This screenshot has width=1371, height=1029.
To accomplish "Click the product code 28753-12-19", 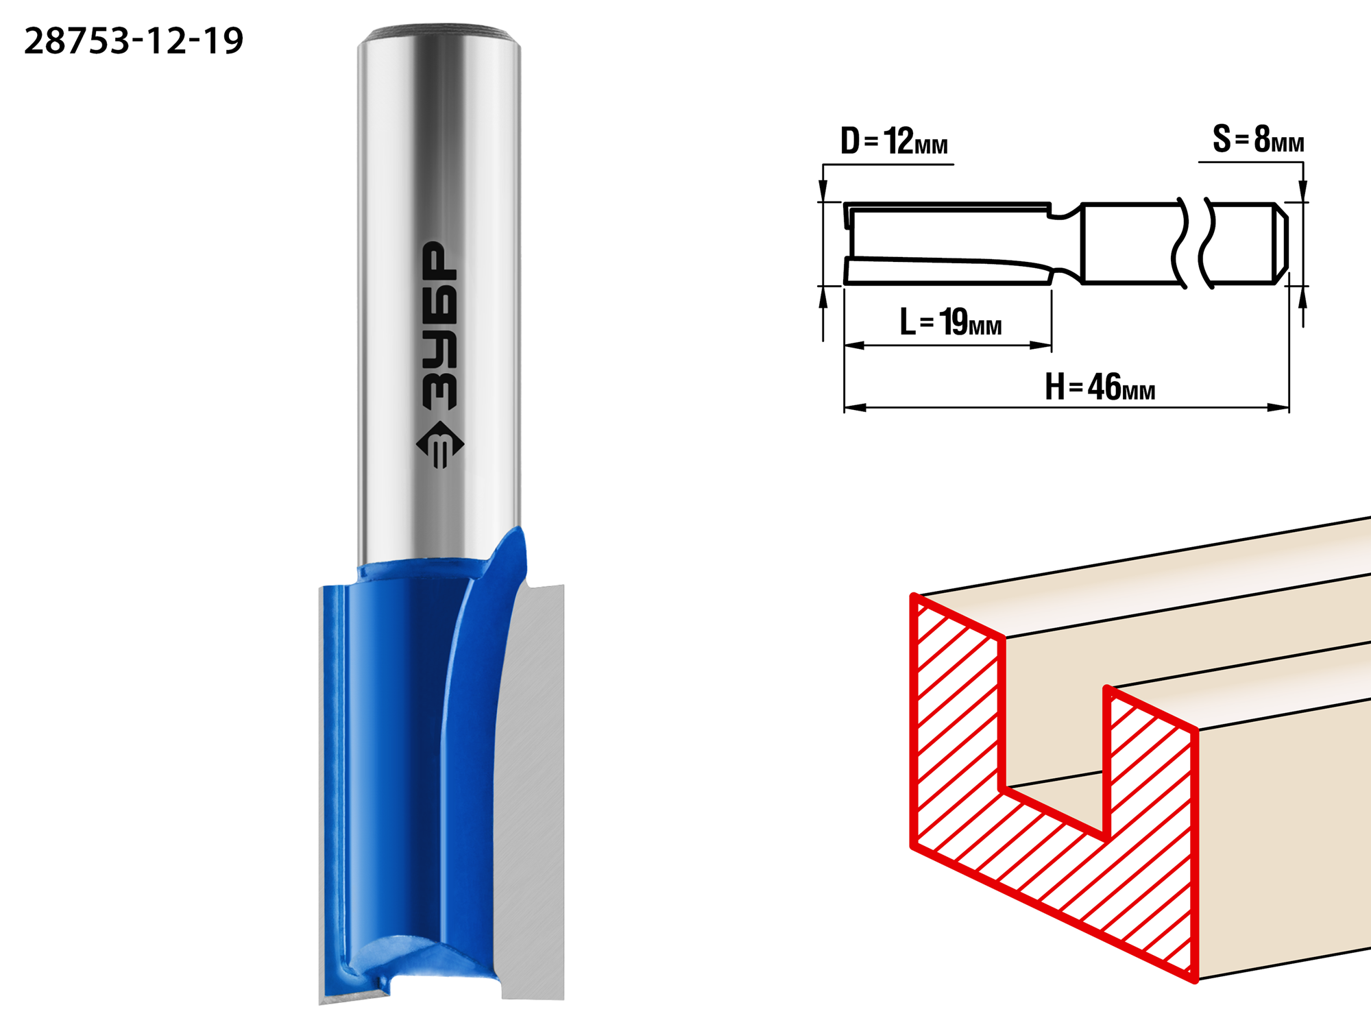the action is click(134, 41).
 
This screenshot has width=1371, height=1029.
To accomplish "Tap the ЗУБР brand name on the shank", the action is click(439, 326).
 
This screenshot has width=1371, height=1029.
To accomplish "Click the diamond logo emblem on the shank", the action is click(440, 444).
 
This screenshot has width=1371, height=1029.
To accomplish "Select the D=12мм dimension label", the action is click(894, 141).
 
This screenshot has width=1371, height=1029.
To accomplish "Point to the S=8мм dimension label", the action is click(1258, 139).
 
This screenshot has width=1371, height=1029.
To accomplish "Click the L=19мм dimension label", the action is click(950, 322).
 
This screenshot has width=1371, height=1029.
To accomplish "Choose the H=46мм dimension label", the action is click(1100, 387).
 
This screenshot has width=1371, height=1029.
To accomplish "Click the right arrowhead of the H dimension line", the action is click(1278, 407).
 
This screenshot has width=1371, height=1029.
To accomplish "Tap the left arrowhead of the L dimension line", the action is click(855, 346).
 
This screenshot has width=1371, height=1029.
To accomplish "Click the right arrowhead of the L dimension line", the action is click(1041, 346).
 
